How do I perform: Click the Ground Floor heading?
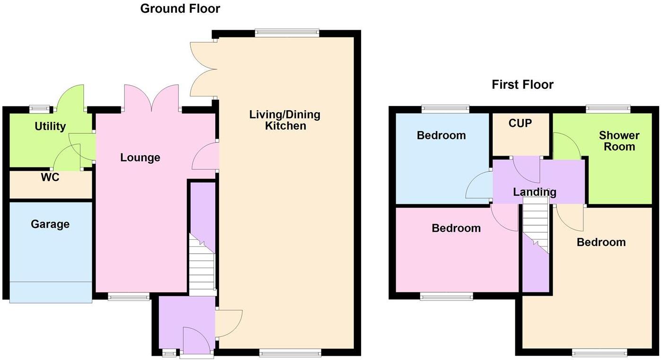click(180, 9)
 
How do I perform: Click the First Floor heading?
click(522, 85)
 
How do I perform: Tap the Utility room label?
click(50, 126)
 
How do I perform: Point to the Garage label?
click(50, 224)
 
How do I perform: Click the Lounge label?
click(140, 158)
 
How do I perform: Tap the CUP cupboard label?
click(520, 123)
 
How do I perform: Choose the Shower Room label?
click(619, 141)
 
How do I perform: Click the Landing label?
click(535, 192)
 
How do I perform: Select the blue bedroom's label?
click(441, 136)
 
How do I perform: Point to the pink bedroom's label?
click(456, 228)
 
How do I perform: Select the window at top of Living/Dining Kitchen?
click(287, 33)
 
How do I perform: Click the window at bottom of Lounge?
click(128, 297)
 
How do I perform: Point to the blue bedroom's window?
click(445, 108)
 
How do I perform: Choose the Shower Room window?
click(608, 108)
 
